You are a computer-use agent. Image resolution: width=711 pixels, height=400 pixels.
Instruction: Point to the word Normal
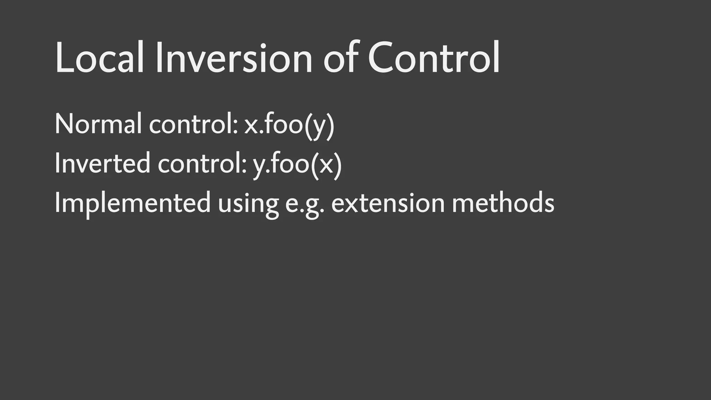98,124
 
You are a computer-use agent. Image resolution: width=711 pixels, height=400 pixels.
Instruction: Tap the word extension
388,203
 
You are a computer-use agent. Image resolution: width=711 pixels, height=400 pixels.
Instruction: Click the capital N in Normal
64,124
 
